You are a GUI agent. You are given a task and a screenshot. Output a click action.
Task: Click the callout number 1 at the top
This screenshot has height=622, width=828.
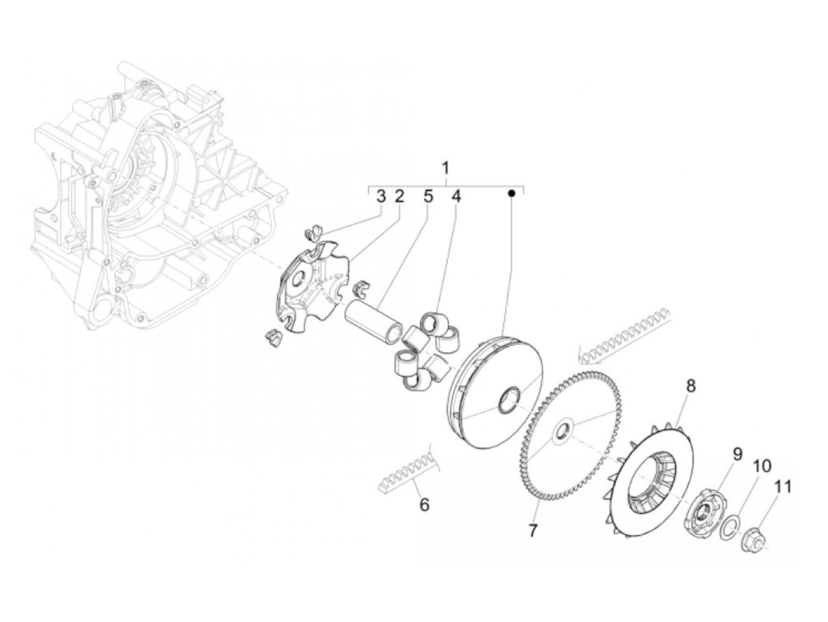[x=447, y=168]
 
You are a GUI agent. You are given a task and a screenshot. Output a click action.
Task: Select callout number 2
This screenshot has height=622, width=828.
[x=399, y=196]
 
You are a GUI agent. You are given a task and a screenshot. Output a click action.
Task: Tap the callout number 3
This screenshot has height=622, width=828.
[x=381, y=196]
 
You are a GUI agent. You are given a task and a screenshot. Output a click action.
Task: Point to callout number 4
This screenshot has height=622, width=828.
[x=455, y=196]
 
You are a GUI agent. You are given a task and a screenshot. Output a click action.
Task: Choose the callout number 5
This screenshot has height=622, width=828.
[x=428, y=196]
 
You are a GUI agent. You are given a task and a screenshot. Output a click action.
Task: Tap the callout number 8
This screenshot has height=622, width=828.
[x=691, y=387]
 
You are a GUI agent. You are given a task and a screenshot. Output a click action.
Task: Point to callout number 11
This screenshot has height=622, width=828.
[x=782, y=487]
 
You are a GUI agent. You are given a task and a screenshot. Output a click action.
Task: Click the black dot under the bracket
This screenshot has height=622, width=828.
[x=513, y=193]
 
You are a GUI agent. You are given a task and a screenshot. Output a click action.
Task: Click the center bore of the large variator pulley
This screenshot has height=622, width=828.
[x=509, y=400]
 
